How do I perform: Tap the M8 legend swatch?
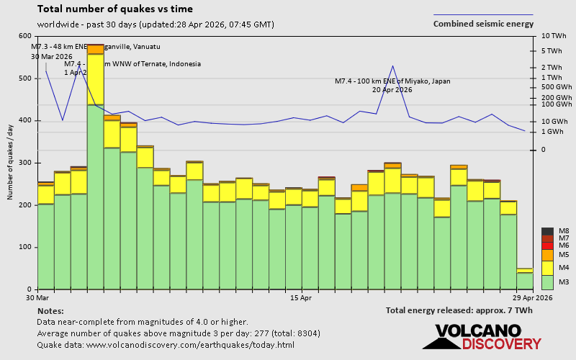[x=547, y=231]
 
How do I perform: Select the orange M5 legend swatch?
[x=547, y=255]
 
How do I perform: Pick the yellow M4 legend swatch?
[x=547, y=267]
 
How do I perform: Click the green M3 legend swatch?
[x=547, y=282]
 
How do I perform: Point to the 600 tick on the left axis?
[x=25, y=36]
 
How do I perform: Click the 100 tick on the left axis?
[x=25, y=247]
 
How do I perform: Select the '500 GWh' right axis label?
[x=551, y=87]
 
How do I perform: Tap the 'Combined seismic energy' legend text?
[x=483, y=24]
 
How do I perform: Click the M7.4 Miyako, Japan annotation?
[x=392, y=85]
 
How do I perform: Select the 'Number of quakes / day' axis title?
[x=10, y=162]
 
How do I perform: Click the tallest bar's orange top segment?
[x=95, y=49]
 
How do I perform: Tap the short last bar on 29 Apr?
[x=525, y=280]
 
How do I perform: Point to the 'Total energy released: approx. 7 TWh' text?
[x=459, y=310]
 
